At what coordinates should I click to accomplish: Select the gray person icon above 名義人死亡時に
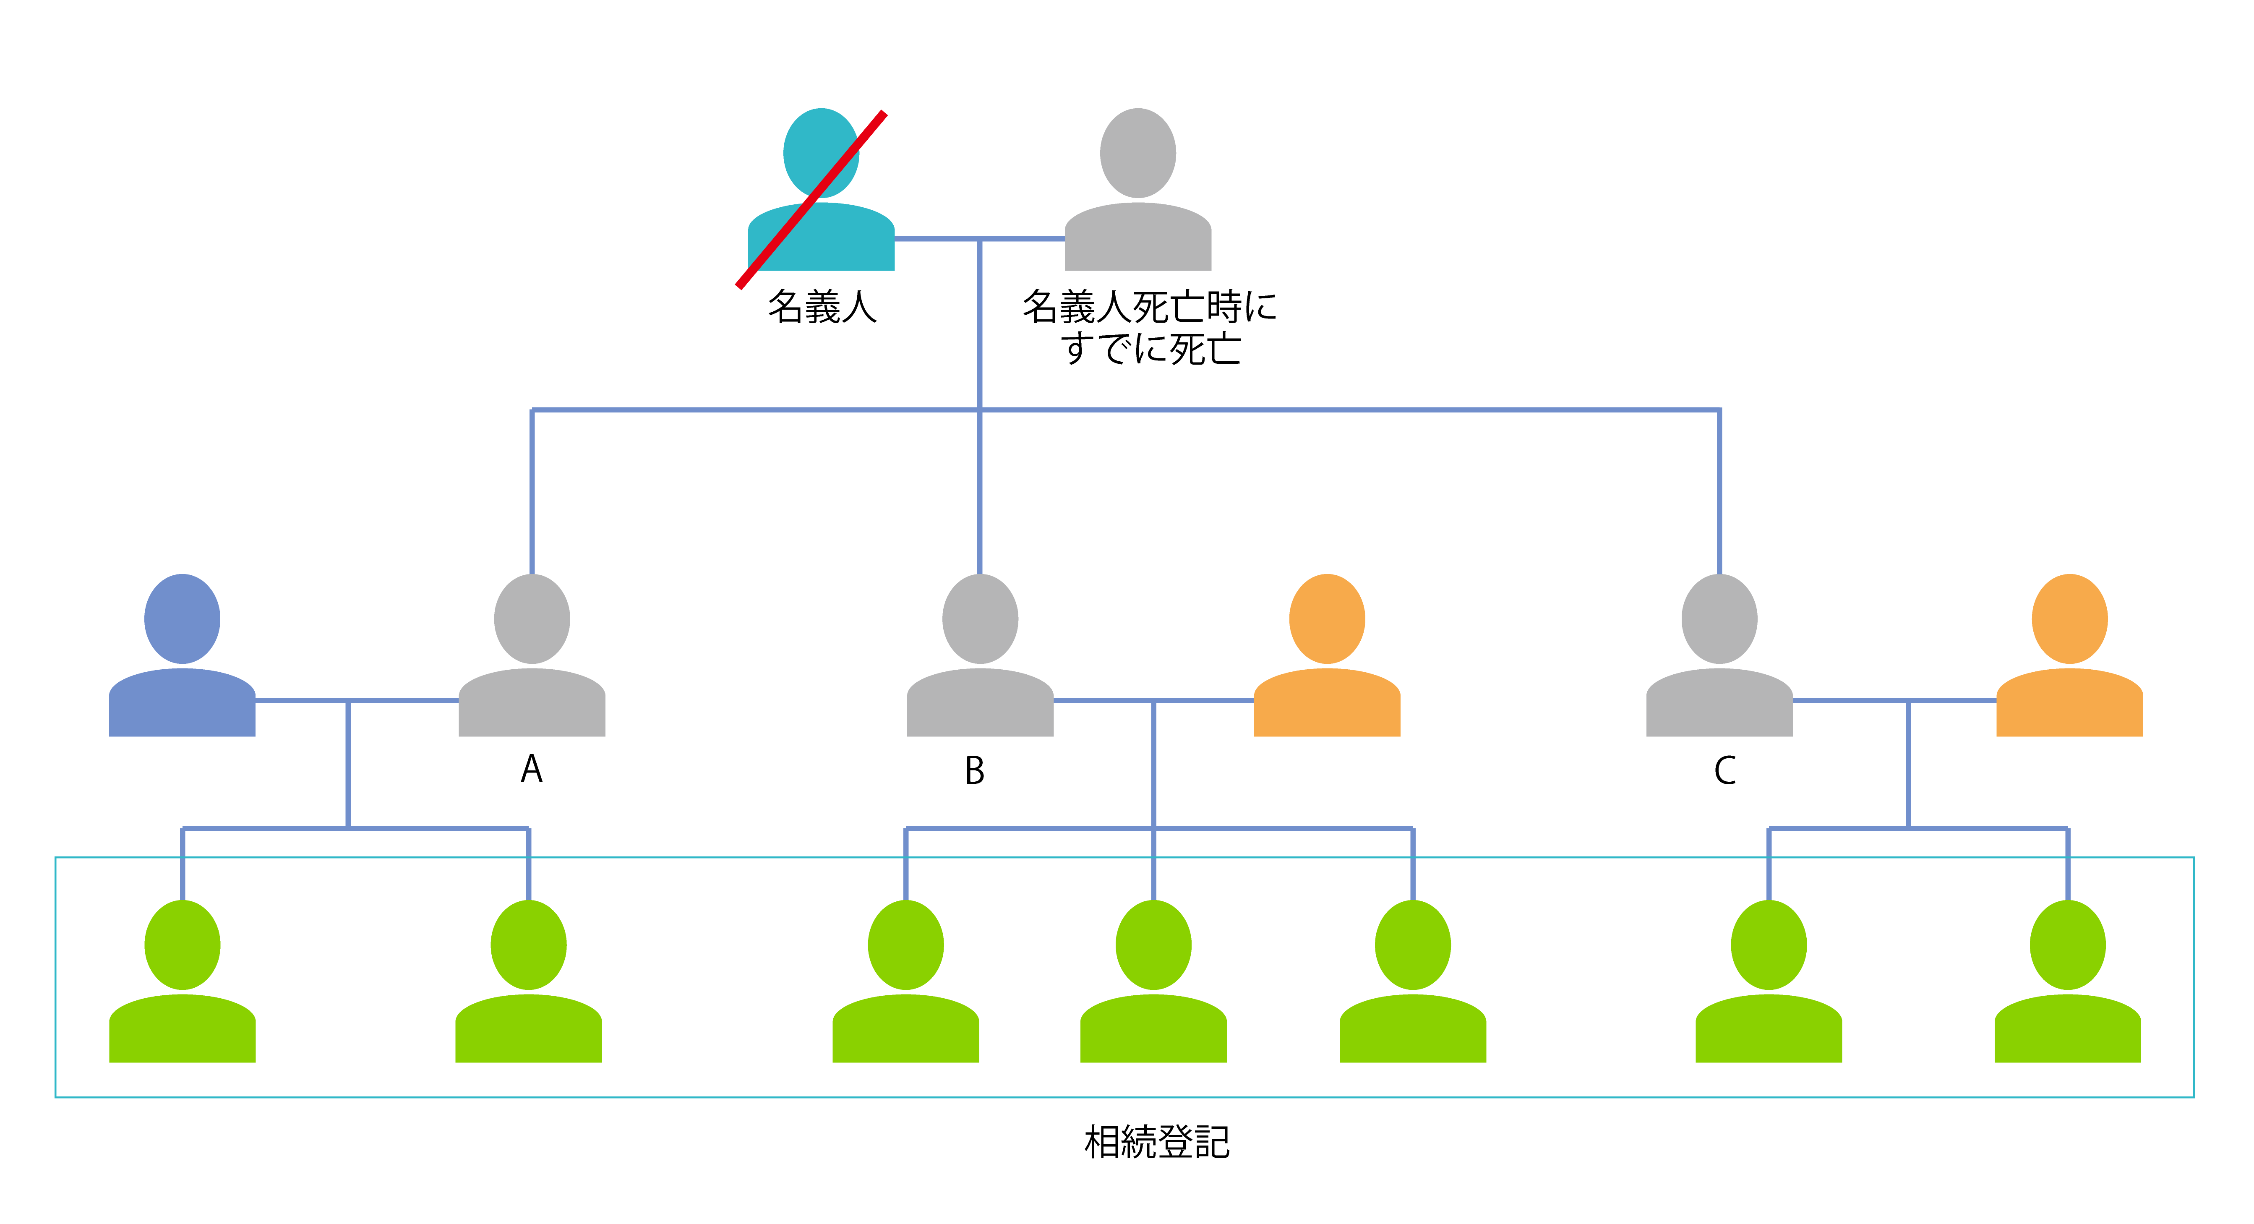pyautogui.click(x=1137, y=193)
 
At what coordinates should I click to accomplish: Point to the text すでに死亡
pyautogui.click(x=1151, y=348)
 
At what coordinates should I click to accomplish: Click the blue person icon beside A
pyautogui.click(x=182, y=658)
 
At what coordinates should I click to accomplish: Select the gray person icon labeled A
pyautogui.click(x=532, y=658)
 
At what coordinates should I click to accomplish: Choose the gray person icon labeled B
pyautogui.click(x=980, y=658)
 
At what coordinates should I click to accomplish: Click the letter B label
pyautogui.click(x=975, y=771)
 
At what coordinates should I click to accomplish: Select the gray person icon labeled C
pyautogui.click(x=1719, y=658)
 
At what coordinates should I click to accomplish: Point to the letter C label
pyautogui.click(x=1724, y=771)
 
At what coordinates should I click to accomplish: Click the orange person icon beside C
pyautogui.click(x=2069, y=658)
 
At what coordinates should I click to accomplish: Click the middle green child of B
pyautogui.click(x=1153, y=984)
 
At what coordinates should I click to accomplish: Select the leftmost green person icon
pyautogui.click(x=182, y=984)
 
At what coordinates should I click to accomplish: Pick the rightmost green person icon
pyautogui.click(x=2068, y=984)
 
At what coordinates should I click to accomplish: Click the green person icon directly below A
pyautogui.click(x=529, y=984)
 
